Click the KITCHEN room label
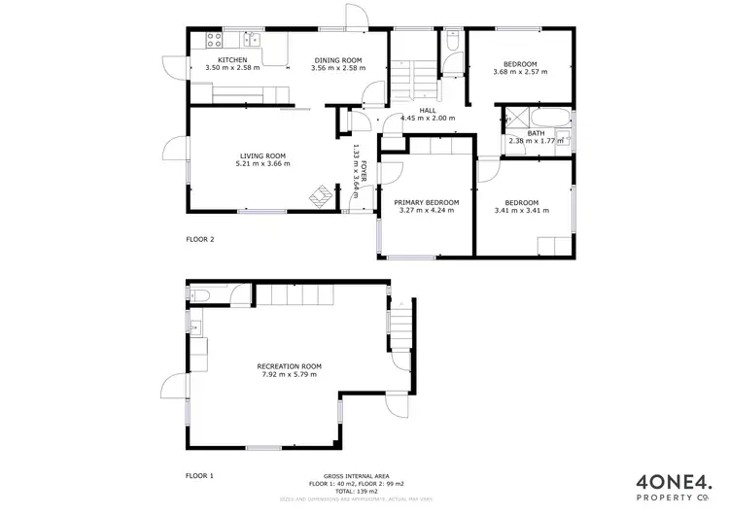[x=231, y=60]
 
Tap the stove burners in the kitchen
[x=213, y=40]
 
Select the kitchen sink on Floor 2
[x=251, y=40]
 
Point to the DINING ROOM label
[x=336, y=60]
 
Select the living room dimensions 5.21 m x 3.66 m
[x=262, y=163]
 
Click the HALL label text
[x=428, y=110]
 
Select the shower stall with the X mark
[x=513, y=121]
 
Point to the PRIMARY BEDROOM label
[x=426, y=202]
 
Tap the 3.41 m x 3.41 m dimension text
[x=516, y=210]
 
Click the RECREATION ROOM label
[x=289, y=366]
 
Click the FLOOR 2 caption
[x=199, y=238]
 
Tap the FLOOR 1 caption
[x=199, y=476]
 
